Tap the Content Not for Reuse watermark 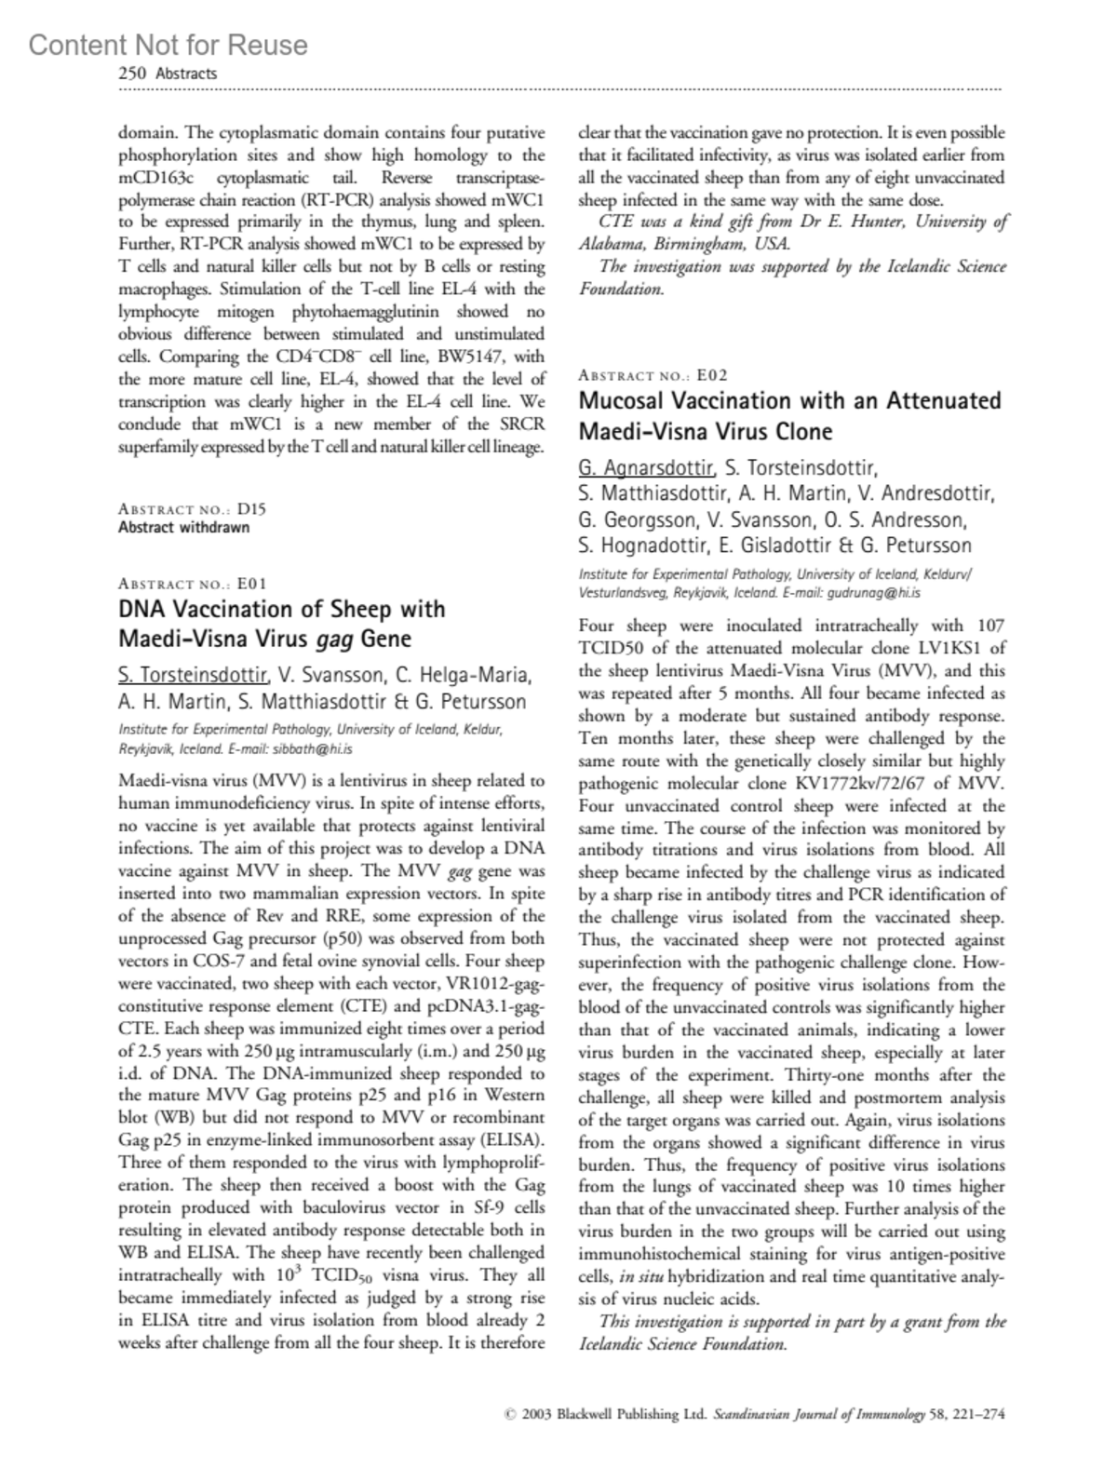click(168, 45)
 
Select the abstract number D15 click(251, 509)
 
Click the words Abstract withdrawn click(183, 527)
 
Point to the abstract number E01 click(251, 584)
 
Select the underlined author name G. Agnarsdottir click(646, 467)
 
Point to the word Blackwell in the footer click(589, 1415)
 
